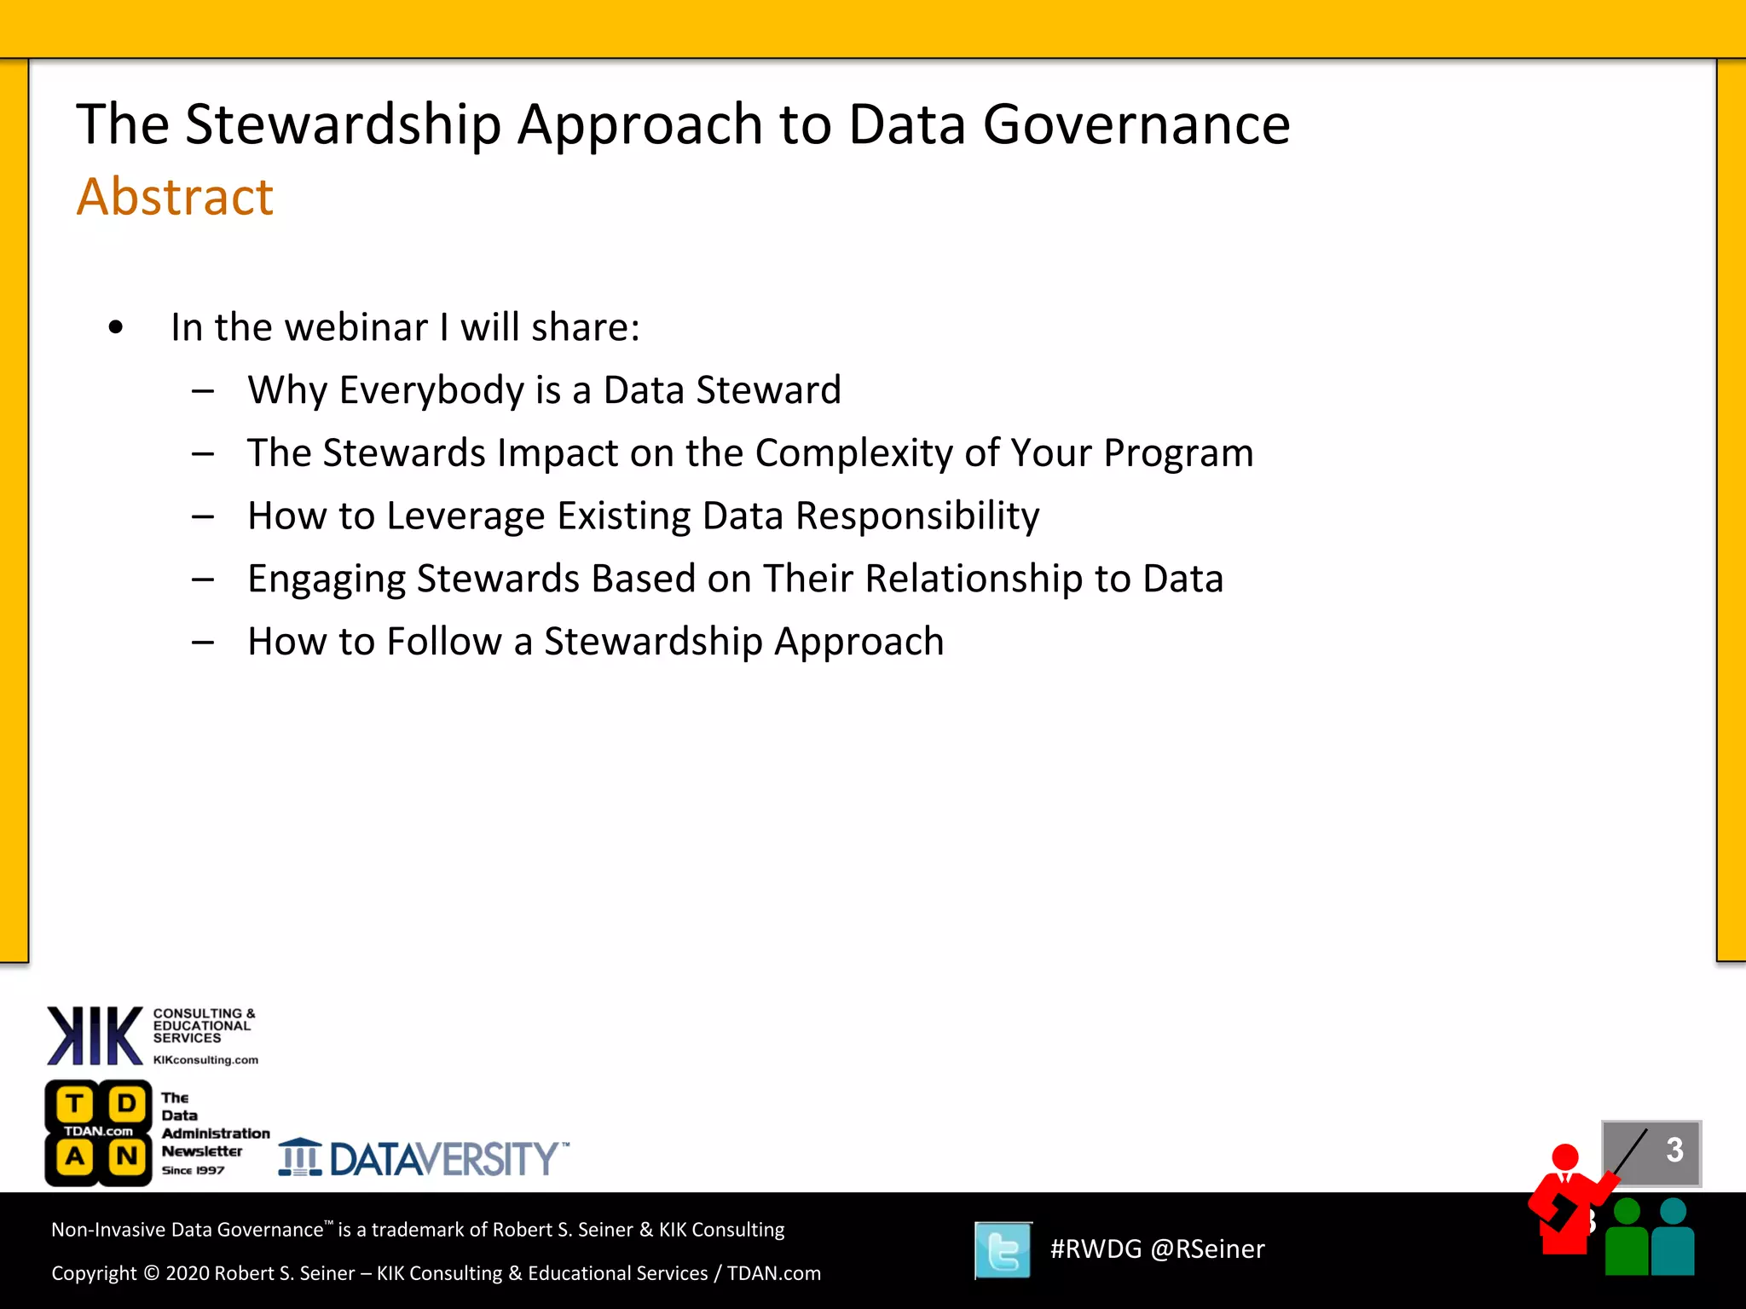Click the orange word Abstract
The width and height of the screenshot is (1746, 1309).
tap(175, 197)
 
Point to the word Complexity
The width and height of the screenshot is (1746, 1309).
tap(853, 453)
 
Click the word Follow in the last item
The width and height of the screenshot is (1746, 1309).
tap(444, 642)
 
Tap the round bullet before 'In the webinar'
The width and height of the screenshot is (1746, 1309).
tap(116, 327)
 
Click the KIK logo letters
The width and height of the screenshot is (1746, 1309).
tap(95, 1035)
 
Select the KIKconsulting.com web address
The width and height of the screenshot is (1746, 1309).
tap(205, 1060)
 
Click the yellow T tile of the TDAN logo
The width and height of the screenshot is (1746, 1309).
tap(75, 1104)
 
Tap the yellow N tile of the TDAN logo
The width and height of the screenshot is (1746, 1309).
tap(127, 1156)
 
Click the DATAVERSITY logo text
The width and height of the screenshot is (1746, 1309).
tap(443, 1159)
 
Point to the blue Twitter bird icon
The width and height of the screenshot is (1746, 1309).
tap(1003, 1250)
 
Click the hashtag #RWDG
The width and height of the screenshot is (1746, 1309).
tap(1095, 1249)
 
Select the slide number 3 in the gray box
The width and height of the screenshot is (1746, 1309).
tap(1674, 1150)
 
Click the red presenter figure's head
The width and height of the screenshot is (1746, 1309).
tap(1565, 1156)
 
